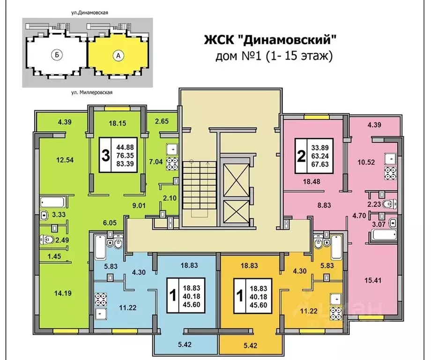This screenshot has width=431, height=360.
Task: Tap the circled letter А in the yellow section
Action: pos(118,55)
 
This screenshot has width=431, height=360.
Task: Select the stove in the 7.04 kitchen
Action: pos(172,164)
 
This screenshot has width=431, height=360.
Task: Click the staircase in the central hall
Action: pos(196,189)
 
